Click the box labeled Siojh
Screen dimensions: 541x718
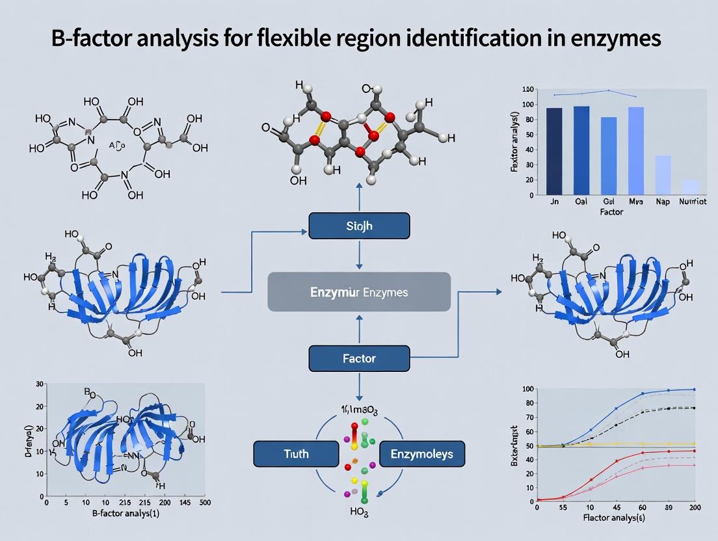(359, 225)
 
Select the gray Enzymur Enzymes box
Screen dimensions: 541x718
(359, 292)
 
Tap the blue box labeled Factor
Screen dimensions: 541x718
(359, 358)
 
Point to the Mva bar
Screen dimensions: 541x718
(635, 150)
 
